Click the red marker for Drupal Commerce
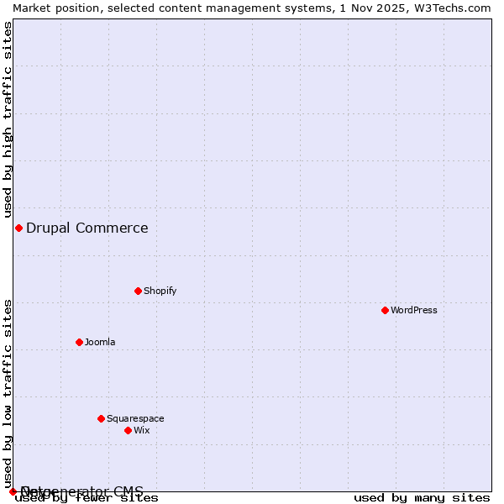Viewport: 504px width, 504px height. (x=18, y=228)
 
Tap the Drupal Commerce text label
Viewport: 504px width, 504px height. (x=87, y=228)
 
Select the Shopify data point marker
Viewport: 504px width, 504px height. (x=138, y=291)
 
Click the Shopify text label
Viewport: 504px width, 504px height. (x=160, y=291)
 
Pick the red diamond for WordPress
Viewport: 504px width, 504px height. (x=385, y=310)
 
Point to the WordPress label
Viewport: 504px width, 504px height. (x=413, y=310)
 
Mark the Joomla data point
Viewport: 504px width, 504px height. (x=79, y=342)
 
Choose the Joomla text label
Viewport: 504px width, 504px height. (x=100, y=342)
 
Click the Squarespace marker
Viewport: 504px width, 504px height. (x=101, y=418)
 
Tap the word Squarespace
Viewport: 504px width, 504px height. (x=135, y=418)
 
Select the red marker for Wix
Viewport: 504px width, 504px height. (x=128, y=430)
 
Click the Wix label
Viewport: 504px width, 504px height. (x=141, y=430)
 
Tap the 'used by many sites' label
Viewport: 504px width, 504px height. (x=422, y=497)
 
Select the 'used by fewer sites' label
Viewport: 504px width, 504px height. (x=87, y=497)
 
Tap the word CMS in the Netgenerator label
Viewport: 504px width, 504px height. (x=129, y=491)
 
